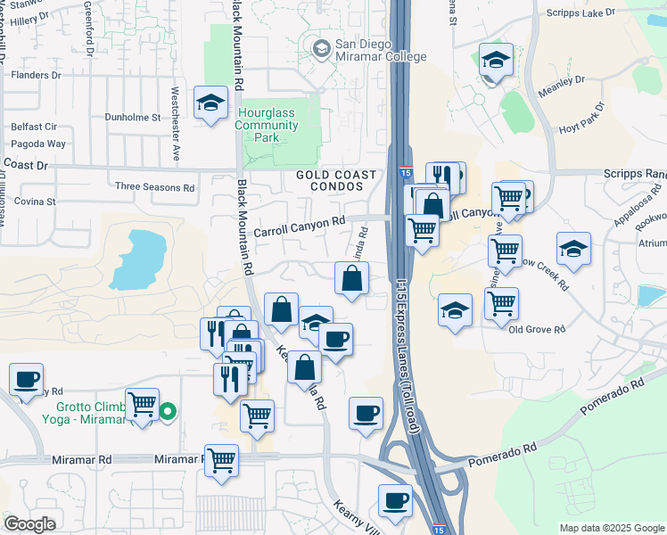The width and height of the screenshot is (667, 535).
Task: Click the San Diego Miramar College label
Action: click(x=375, y=49)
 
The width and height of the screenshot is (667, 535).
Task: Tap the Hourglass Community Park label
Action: click(x=267, y=126)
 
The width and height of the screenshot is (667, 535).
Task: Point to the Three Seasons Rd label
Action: click(x=155, y=188)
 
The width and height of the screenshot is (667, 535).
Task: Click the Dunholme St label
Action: click(x=132, y=117)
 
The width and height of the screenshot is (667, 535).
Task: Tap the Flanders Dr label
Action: click(x=35, y=75)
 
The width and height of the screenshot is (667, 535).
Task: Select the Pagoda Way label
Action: click(x=38, y=144)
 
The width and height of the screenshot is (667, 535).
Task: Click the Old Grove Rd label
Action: click(x=537, y=329)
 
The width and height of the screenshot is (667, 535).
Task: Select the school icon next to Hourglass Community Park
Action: click(x=210, y=103)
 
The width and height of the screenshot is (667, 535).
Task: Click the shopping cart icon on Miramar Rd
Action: click(x=221, y=460)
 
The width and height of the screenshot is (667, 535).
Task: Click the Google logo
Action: click(x=29, y=524)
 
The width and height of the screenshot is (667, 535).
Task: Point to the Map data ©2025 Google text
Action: click(x=611, y=528)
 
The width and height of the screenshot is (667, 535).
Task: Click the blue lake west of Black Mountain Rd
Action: click(x=138, y=260)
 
